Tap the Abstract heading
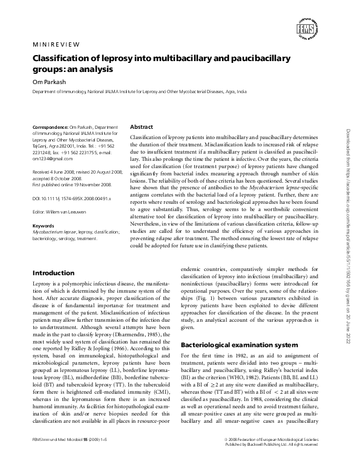pyautogui.click(x=142, y=127)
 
